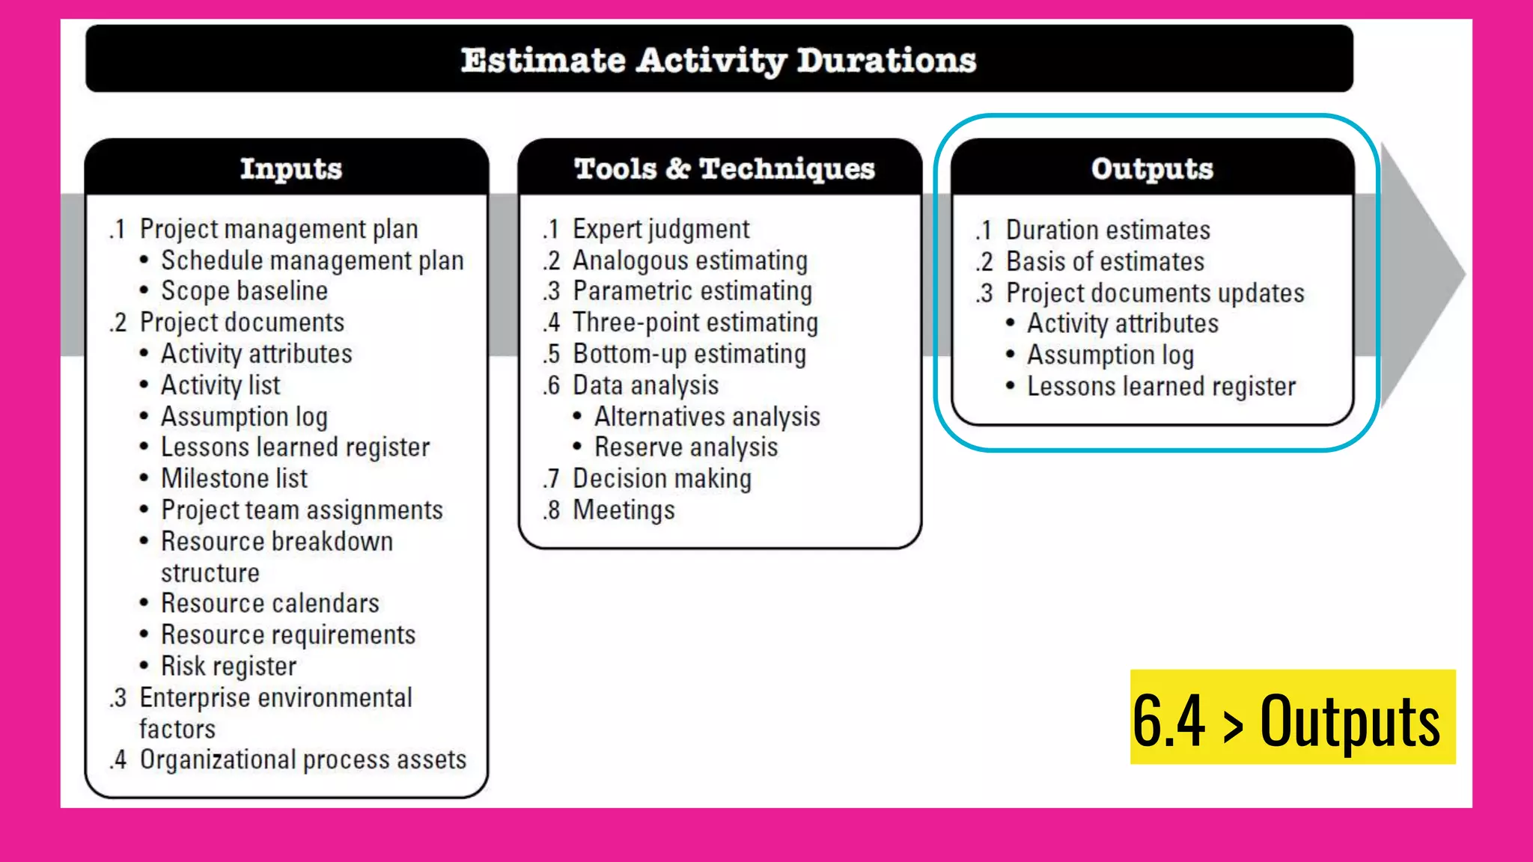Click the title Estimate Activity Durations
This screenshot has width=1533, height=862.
719,60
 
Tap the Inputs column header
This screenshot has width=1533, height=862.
290,169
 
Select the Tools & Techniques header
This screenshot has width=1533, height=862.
724,169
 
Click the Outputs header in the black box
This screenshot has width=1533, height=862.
1152,169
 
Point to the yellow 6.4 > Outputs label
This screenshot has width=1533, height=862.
1292,718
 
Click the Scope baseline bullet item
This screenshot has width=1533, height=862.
244,291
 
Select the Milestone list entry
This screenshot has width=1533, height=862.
234,478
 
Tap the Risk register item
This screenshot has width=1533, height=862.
228,666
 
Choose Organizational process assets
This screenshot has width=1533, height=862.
302,759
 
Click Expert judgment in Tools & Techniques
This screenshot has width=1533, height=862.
660,229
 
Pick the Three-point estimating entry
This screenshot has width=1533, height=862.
695,323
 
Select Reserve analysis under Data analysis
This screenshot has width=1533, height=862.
686,447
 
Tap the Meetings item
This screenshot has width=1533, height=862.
624,510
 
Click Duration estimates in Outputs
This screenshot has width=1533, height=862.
1107,230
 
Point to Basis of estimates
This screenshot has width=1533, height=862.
1105,262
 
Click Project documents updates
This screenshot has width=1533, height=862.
1154,293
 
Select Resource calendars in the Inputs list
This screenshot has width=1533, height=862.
269,603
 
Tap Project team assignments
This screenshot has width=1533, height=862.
302,510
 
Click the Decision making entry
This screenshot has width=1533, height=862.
662,479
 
